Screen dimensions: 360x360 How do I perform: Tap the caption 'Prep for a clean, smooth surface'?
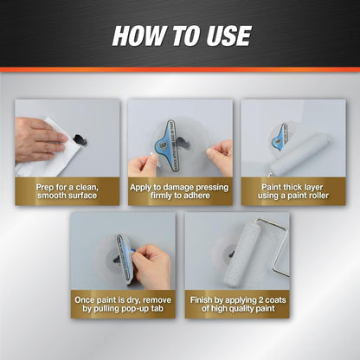(67, 190)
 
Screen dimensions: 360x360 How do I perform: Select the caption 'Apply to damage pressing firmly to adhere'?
(179, 190)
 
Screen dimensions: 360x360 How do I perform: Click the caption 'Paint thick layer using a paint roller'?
(292, 190)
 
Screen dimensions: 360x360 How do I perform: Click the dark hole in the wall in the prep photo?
(80, 138)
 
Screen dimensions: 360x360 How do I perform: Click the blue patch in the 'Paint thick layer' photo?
(280, 138)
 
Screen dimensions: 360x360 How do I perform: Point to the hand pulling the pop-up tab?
(151, 264)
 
